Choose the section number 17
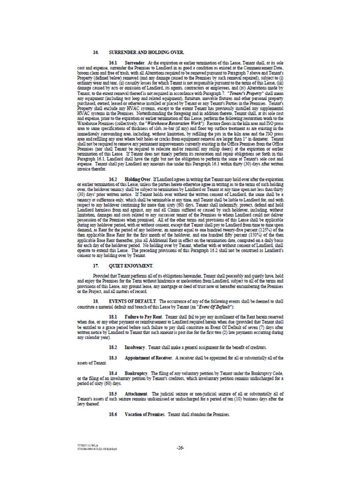[x=95, y=267]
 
